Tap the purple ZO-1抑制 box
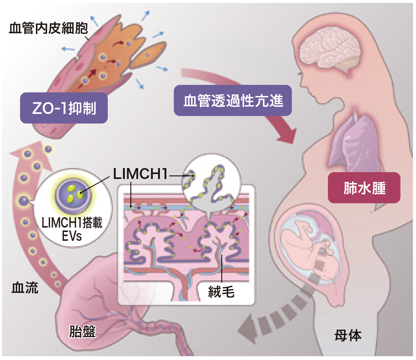[64, 108]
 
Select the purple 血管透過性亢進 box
[233, 101]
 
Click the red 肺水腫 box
[364, 188]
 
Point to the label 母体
[348, 336]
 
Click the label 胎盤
[82, 331]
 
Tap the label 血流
[25, 288]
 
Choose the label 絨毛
[221, 292]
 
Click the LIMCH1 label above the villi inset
[140, 174]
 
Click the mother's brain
[330, 50]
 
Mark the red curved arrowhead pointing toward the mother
[287, 134]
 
